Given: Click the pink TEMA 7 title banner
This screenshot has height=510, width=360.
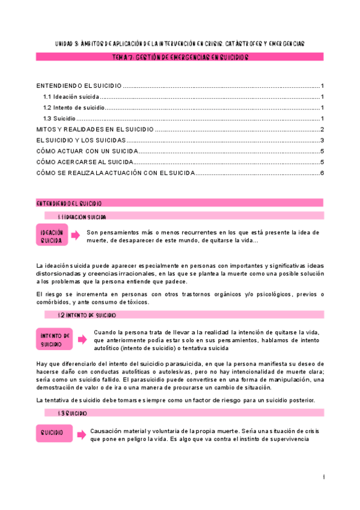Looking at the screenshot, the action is tap(180, 57).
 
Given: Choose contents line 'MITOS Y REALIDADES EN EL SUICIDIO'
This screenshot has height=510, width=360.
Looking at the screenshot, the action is tap(95, 129).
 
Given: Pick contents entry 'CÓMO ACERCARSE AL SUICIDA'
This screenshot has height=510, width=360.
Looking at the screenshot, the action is tap(85, 162).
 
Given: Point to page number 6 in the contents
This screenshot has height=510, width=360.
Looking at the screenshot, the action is tap(322, 173).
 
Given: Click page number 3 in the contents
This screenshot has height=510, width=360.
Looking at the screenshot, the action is tap(322, 140).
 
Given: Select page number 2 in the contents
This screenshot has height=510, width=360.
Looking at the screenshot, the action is tap(322, 129).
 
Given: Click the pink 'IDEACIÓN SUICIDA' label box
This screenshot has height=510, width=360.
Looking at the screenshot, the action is tap(51, 236).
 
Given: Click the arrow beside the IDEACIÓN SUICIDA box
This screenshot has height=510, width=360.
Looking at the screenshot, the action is tap(75, 236).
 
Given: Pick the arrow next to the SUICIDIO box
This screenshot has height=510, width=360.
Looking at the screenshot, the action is tap(81, 433).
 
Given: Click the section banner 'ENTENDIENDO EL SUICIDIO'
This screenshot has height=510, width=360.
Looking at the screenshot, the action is tap(180, 203).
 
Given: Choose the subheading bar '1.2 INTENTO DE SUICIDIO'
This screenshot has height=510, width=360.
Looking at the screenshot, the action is tap(184, 315).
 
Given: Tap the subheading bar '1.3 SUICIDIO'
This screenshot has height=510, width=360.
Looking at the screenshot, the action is tap(184, 413).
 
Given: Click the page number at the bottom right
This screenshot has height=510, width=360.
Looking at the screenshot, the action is tap(323, 477).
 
